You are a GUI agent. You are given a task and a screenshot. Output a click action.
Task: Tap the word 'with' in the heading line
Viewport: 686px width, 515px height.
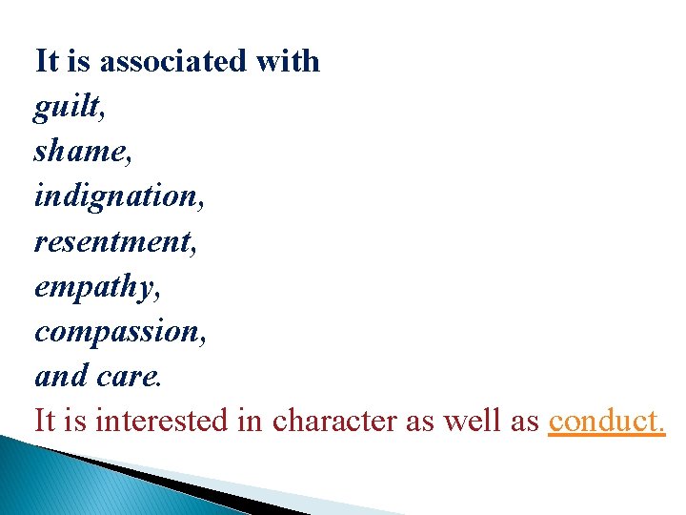click(288, 62)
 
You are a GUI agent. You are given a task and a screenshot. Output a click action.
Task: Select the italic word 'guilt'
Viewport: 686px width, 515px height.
click(66, 107)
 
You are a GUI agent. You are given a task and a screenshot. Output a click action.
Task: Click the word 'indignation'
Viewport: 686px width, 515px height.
click(111, 196)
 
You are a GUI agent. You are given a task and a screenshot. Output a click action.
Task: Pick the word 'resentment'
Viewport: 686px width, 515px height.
click(112, 241)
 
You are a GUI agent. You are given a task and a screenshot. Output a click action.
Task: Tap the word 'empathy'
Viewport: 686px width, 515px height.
click(92, 286)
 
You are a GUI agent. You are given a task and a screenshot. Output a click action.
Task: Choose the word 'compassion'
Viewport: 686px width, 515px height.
click(116, 331)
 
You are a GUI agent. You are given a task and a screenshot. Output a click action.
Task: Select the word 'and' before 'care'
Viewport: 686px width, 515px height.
click(61, 376)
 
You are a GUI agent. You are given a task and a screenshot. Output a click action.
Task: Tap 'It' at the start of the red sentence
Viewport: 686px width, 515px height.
click(45, 421)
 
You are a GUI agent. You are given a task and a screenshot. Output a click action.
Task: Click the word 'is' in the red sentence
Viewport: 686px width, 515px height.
click(76, 421)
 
